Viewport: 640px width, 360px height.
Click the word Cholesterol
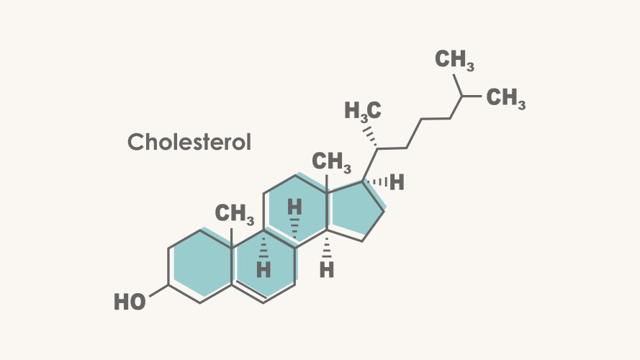pos(189,142)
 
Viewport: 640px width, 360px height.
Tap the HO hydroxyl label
pos(130,302)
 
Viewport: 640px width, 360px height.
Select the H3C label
pos(363,111)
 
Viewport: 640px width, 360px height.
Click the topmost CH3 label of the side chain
pos(454,60)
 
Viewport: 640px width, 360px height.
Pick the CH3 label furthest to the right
pos(505,99)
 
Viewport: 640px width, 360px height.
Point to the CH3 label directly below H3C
pos(331,162)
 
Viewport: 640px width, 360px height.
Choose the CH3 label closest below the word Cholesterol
pos(234,214)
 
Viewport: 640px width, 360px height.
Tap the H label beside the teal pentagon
pos(397,182)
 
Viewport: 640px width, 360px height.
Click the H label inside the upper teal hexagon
pos(294,207)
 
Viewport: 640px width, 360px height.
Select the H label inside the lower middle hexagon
pos(263,269)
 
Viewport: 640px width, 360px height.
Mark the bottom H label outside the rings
pos(327,269)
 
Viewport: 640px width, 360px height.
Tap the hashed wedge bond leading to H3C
pos(370,137)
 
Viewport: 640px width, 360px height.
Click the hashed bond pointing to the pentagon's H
pos(374,181)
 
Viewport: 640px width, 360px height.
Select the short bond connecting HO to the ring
pos(159,291)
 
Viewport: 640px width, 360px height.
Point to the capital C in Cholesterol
pos(136,142)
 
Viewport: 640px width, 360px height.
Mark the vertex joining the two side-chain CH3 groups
pos(462,96)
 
